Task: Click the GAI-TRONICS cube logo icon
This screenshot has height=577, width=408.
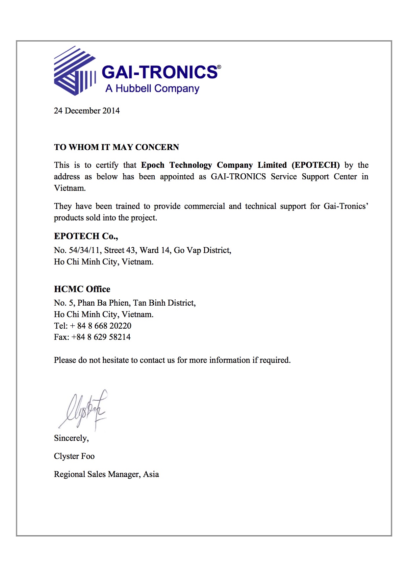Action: (75, 71)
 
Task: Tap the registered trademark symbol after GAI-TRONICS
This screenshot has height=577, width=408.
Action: (219, 67)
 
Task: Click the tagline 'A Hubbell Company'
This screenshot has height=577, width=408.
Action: (152, 88)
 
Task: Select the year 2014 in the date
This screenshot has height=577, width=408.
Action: (111, 111)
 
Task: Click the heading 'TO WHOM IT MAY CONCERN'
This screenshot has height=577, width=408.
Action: (116, 147)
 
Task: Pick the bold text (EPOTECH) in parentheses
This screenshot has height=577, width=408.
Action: (316, 165)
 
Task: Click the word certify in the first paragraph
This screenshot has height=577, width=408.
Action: (107, 165)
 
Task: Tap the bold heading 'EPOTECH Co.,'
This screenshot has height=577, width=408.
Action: (86, 236)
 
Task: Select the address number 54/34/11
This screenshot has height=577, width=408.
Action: (84, 250)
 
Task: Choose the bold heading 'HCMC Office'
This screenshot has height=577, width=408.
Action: (82, 289)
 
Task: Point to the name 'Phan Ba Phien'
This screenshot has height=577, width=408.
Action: (103, 303)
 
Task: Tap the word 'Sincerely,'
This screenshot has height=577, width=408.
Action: (71, 438)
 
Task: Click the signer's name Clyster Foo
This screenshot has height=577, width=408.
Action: (74, 456)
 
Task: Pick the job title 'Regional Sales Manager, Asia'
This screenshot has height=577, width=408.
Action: (106, 474)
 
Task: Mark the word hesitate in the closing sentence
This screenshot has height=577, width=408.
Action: (115, 360)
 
